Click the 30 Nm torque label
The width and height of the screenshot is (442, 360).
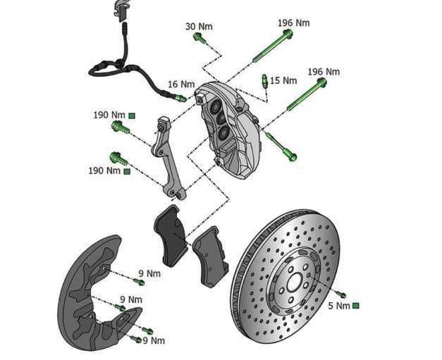[199, 27]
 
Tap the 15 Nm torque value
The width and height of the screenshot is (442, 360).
[283, 81]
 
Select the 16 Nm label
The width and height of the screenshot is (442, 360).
[180, 85]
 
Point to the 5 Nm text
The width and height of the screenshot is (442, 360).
[339, 306]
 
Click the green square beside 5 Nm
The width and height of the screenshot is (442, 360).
[355, 306]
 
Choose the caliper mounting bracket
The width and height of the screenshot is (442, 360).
[168, 159]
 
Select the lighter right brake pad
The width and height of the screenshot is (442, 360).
[209, 257]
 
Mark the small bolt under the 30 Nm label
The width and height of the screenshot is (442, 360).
[199, 38]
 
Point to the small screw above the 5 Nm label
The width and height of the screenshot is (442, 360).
[342, 293]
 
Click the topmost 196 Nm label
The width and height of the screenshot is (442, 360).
[294, 23]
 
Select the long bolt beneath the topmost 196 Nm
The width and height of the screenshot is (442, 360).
[269, 46]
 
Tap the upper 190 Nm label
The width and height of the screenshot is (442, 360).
[108, 114]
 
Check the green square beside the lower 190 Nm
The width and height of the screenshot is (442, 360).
[127, 170]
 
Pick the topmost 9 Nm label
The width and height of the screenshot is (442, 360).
[149, 273]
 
